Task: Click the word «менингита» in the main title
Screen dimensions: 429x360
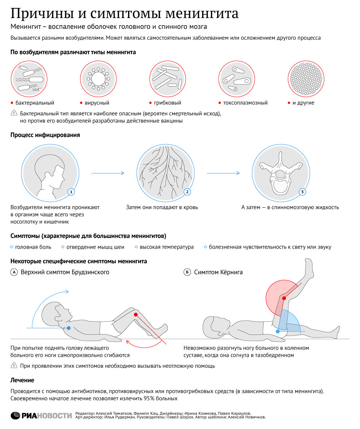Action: [202, 14]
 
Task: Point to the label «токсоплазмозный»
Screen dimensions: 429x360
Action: [245, 103]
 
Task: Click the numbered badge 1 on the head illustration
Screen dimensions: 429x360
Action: [71, 192]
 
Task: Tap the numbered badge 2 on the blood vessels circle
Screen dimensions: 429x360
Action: [187, 192]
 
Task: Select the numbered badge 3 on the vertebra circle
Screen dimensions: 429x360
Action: [302, 192]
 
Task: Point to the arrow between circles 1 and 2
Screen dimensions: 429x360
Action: [108, 173]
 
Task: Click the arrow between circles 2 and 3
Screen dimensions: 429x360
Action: [223, 173]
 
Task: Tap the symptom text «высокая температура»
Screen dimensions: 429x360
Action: [166, 247]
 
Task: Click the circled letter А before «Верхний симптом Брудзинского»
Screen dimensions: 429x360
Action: [14, 273]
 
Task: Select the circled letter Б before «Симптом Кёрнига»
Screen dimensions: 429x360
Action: [187, 273]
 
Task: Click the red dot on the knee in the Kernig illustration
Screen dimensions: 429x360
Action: [284, 298]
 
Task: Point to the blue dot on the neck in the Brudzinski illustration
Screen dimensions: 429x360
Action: [69, 328]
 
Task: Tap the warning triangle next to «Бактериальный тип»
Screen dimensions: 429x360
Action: [14, 113]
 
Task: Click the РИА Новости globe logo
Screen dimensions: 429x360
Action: [16, 415]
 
